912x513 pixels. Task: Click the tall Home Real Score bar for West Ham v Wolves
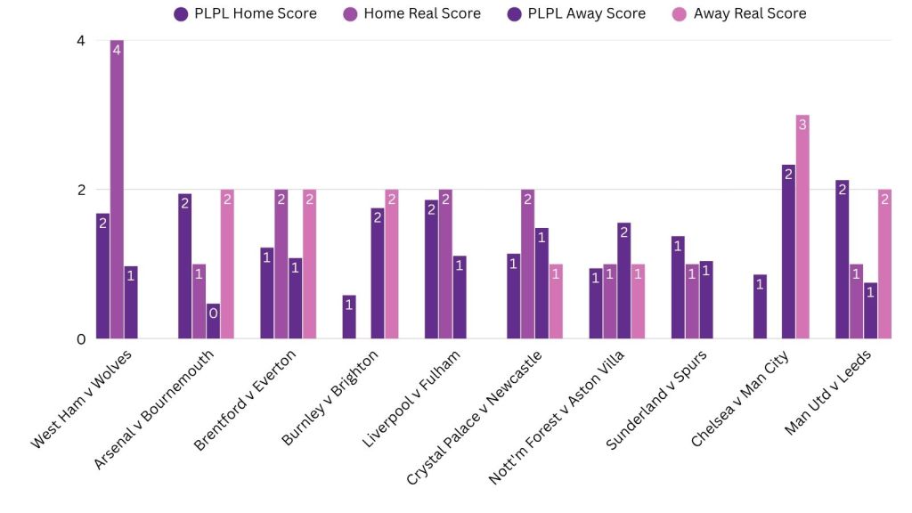117,189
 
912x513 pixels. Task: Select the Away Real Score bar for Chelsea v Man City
802,227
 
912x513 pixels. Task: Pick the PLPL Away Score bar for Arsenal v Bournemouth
214,322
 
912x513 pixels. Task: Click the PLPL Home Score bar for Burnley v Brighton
349,317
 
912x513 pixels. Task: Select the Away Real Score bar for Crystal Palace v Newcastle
556,301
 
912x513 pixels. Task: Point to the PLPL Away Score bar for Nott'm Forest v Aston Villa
623,281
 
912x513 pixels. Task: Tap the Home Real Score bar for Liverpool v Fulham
445,265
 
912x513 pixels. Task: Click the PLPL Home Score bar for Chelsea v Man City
760,306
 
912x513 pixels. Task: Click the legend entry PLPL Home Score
246,13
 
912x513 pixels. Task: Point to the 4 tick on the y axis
80,41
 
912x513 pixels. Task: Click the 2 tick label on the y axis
80,190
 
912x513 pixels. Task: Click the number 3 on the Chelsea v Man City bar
802,126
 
